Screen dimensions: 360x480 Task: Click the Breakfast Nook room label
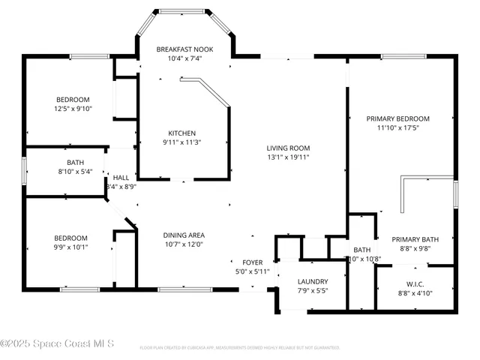[184, 49]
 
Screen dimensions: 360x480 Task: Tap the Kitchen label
[181, 133]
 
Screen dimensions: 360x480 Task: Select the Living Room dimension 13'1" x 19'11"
[289, 157]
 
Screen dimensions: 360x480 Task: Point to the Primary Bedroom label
[397, 118]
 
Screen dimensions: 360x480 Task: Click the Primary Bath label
[414, 239]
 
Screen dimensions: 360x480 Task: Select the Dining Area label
[184, 235]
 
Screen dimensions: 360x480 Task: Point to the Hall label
[121, 177]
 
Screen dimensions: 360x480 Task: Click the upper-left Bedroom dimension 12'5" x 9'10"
[73, 109]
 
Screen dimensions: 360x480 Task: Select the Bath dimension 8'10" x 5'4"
[75, 171]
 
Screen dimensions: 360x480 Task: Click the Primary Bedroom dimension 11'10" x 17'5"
[397, 127]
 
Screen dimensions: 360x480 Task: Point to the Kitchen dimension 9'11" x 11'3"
[181, 142]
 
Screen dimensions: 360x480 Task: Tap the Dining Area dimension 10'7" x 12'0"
[184, 244]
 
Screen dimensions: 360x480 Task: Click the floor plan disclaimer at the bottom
[240, 348]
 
